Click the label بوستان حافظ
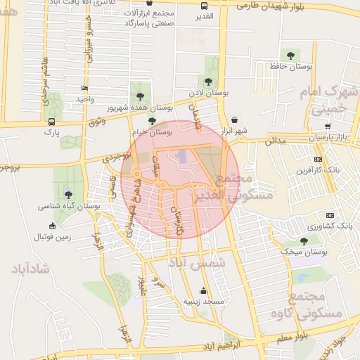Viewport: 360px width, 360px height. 290,66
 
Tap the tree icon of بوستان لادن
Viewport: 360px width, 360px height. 212,79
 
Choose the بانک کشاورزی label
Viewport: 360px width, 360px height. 331,226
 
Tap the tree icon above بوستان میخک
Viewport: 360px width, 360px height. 304,240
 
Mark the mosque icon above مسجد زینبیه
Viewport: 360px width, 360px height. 204,290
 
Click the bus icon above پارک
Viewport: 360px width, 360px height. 50,121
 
